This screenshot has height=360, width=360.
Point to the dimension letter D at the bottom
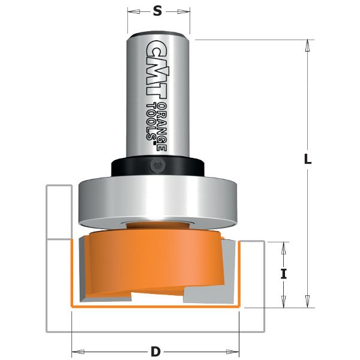tap(155, 352)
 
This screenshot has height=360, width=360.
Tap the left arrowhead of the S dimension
tap(131, 11)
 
